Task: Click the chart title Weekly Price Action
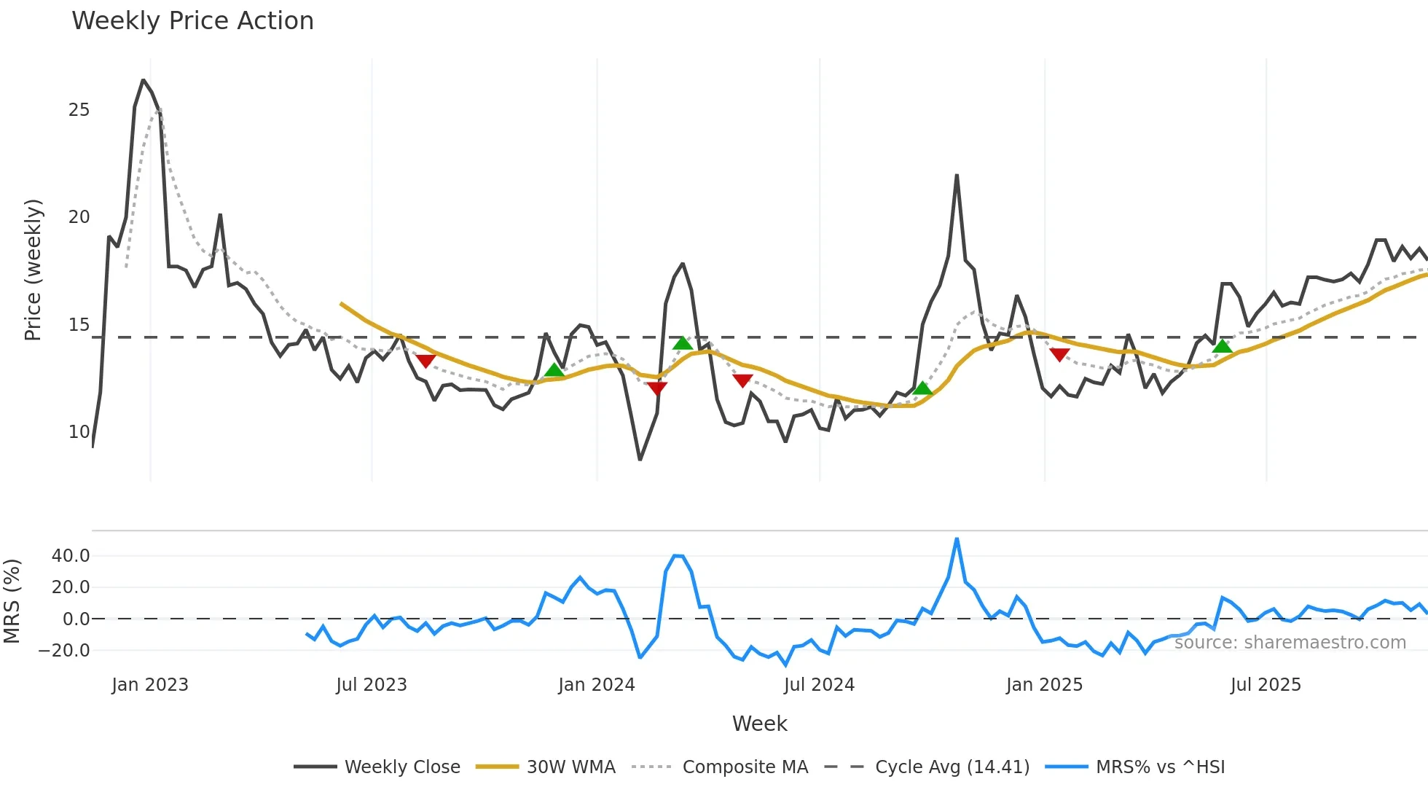point(192,21)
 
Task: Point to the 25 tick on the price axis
point(79,110)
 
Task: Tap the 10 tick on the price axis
point(79,432)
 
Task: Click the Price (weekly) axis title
point(34,270)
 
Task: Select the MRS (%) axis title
point(12,601)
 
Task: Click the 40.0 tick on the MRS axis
point(71,556)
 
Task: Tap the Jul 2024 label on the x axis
point(819,685)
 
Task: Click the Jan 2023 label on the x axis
point(150,685)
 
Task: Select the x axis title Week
point(759,724)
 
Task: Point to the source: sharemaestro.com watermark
point(1290,643)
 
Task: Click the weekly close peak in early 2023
point(144,80)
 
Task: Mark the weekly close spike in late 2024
point(957,176)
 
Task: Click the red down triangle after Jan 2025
point(1059,355)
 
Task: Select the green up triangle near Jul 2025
point(1223,346)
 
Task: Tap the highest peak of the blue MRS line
point(957,539)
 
